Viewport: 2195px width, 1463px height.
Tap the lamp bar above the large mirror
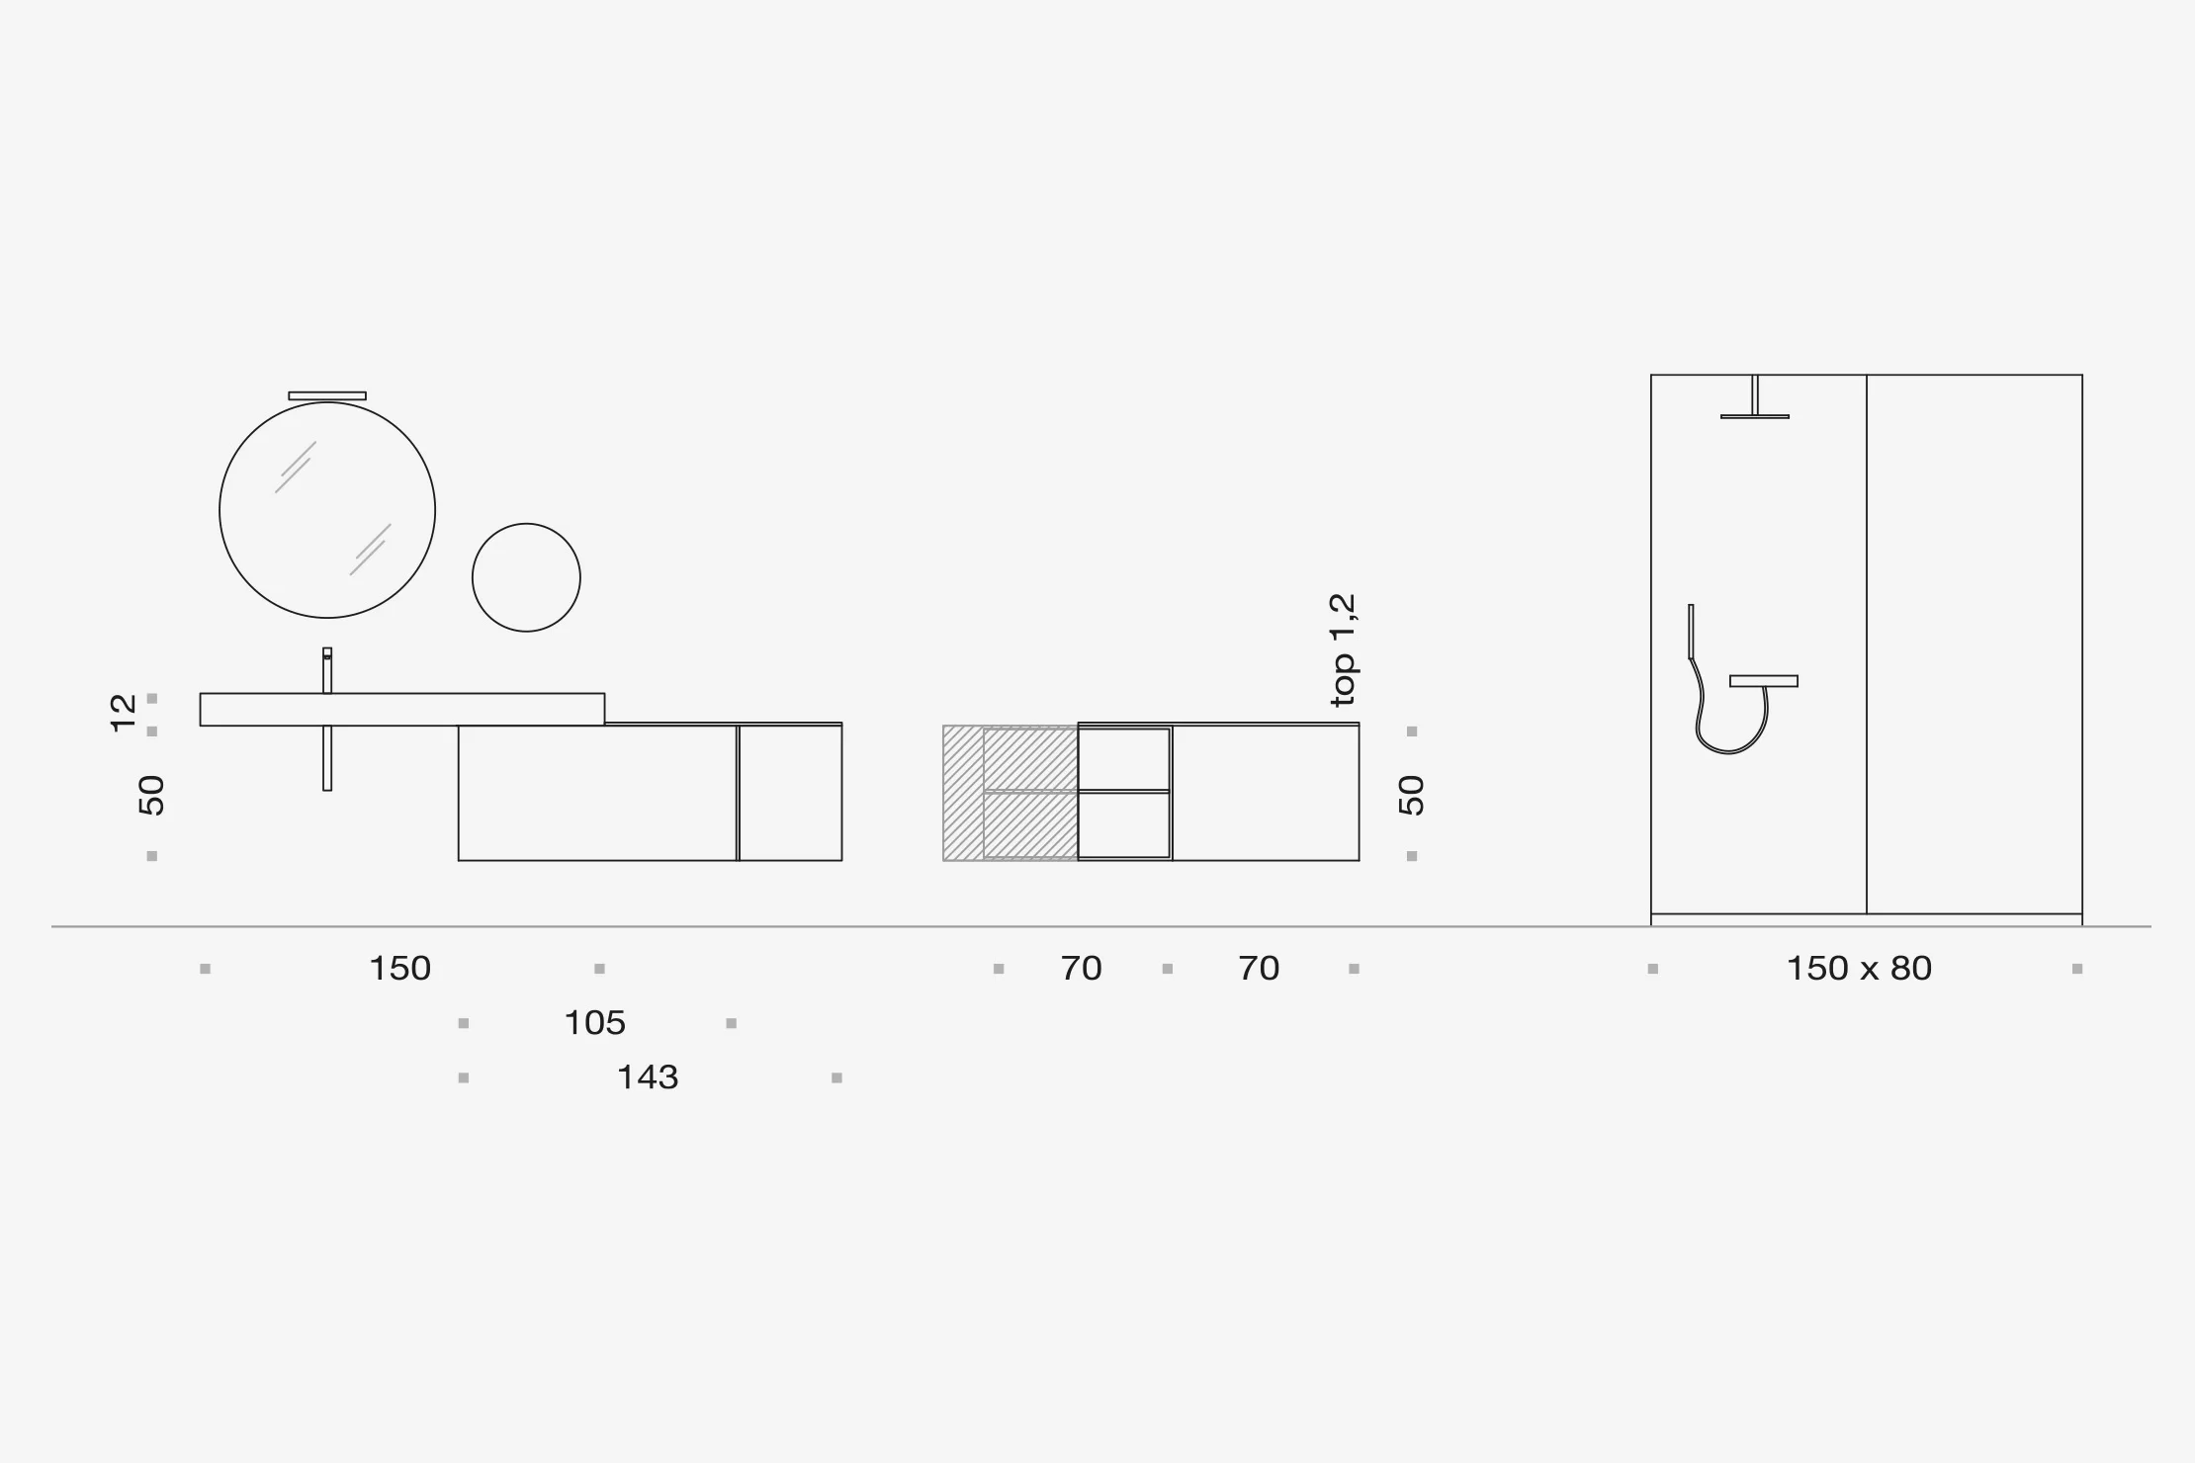pyautogui.click(x=327, y=395)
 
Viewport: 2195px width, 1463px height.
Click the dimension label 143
pyautogui.click(x=648, y=1076)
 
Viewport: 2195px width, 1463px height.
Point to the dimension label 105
pyautogui.click(x=594, y=1022)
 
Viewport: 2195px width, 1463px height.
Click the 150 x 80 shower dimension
pyautogui.click(x=1859, y=968)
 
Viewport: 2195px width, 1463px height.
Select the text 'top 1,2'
pyautogui.click(x=1343, y=650)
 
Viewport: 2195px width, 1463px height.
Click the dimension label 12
pyautogui.click(x=123, y=713)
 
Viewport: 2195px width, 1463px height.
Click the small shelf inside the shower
pyautogui.click(x=1764, y=681)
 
